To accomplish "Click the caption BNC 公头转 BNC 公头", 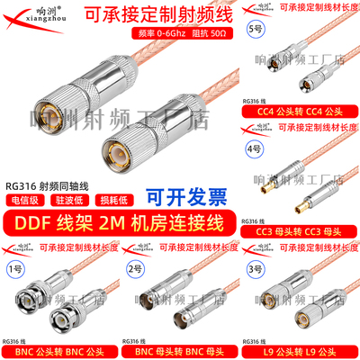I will pyautogui.click(x=59, y=350).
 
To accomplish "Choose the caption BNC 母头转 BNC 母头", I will pyautogui.click(x=179, y=350).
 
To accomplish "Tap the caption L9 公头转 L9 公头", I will pyautogui.click(x=301, y=350).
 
